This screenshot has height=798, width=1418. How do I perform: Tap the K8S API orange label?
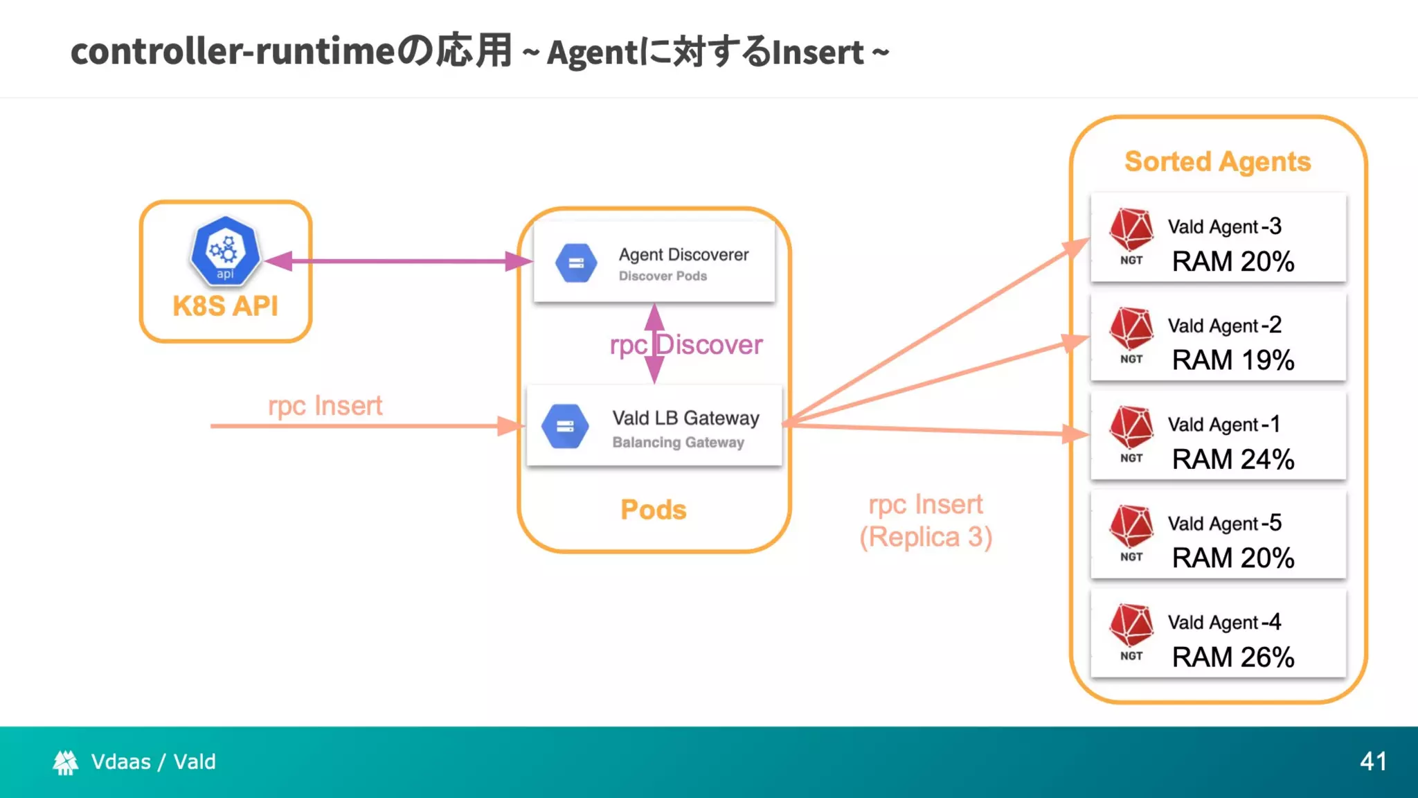pos(225,306)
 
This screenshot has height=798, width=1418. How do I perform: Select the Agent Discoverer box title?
pos(683,255)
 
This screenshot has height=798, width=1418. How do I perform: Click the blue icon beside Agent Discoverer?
pos(576,263)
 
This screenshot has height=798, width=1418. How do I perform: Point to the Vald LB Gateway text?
pos(685,418)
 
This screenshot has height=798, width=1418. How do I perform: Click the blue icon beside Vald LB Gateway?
pos(565,426)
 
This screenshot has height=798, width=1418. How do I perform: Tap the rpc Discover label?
pos(685,345)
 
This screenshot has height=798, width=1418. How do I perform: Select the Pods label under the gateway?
pos(653,510)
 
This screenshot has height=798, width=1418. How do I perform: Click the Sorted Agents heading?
pos(1217,161)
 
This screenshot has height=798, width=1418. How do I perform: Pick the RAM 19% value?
pos(1232,360)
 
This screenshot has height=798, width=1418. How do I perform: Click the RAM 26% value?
pos(1232,657)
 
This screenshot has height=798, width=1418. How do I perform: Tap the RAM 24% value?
pos(1232,459)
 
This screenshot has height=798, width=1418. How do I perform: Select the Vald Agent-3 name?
pos(1224,227)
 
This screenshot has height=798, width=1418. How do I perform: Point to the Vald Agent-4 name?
pos(1224,622)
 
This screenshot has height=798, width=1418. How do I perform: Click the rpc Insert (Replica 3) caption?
pos(926,521)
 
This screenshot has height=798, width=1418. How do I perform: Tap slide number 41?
pos(1373,762)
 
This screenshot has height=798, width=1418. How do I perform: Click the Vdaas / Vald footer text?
pos(153,762)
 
